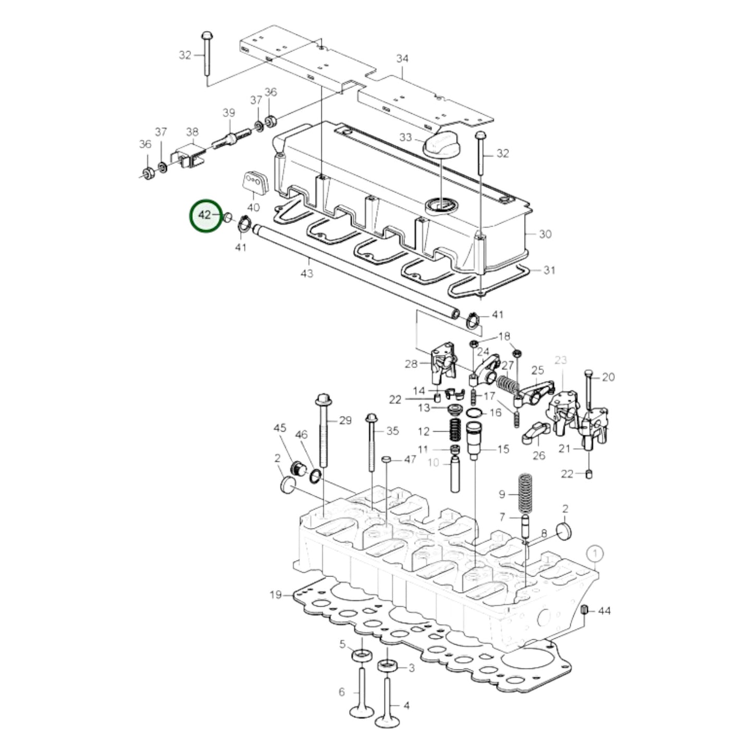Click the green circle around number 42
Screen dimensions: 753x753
[x=206, y=216]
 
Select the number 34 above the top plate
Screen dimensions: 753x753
[x=402, y=59]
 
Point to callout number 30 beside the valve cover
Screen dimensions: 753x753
[x=545, y=234]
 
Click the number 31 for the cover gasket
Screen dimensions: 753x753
[x=549, y=270]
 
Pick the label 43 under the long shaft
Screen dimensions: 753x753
[x=307, y=273]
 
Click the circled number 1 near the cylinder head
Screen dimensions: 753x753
[x=595, y=552]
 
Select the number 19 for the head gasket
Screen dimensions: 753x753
[x=276, y=595]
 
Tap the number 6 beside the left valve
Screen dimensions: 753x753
[x=342, y=692]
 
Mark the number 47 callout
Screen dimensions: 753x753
[x=410, y=459]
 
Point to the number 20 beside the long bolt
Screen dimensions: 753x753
[x=608, y=377]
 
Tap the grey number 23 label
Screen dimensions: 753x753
[x=560, y=360]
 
